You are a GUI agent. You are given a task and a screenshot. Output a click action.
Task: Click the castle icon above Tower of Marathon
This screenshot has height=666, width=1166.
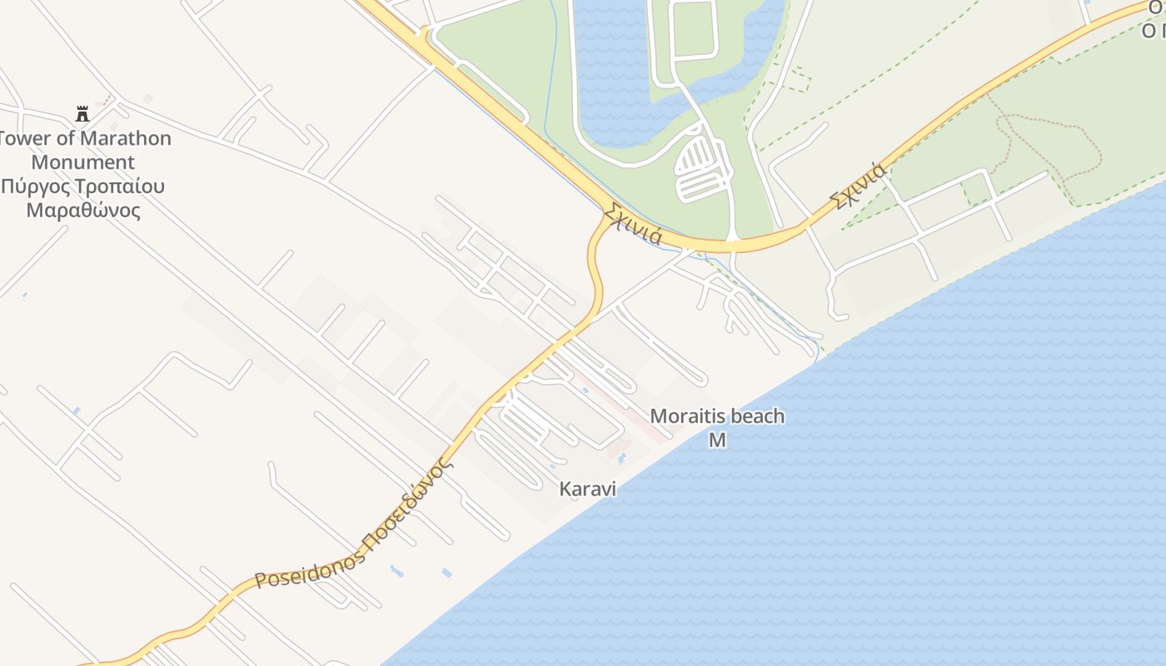pos(82,113)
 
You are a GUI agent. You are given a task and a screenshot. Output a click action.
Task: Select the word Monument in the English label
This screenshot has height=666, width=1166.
pos(83,162)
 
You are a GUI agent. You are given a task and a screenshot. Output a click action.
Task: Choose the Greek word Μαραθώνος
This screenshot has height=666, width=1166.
pos(83,210)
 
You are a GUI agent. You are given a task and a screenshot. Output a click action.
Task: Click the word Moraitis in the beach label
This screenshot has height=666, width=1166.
pos(687,415)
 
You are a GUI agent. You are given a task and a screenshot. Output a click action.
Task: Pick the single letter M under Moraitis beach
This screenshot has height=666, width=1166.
pos(717,440)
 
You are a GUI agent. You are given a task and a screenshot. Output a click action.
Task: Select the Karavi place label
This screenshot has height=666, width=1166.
pos(588,489)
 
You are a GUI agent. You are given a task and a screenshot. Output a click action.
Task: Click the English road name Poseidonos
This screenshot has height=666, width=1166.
pos(310,568)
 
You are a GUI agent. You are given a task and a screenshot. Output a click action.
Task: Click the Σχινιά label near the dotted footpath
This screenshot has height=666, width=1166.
pos(858,186)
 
